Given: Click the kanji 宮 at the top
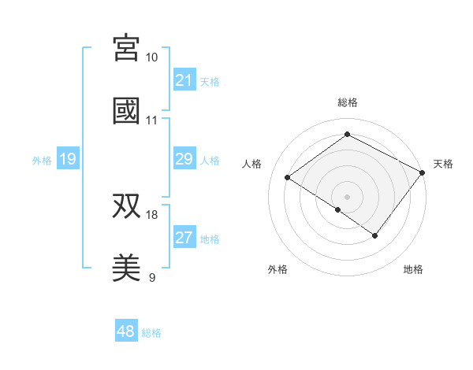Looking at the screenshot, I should point(126,48).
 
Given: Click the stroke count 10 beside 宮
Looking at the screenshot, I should point(151,57).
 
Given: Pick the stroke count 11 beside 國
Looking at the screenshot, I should point(151,120).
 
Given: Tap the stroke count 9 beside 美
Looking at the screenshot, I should point(151,277).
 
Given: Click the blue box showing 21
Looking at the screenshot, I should point(184,80).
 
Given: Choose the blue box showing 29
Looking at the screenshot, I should point(184,159).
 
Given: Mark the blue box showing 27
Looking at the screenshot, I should point(184,238).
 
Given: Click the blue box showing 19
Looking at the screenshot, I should point(67,159).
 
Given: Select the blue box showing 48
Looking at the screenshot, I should point(126,331).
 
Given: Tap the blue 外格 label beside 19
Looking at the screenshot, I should point(42,160).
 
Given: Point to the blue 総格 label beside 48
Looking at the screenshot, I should point(151,333).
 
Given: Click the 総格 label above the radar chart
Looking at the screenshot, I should point(347,102).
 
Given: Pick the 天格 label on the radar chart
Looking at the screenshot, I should point(443,164).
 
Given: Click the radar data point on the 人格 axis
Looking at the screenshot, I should point(288,177).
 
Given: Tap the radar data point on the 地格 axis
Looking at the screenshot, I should point(375,235).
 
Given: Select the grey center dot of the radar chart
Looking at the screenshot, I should point(347,196).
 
